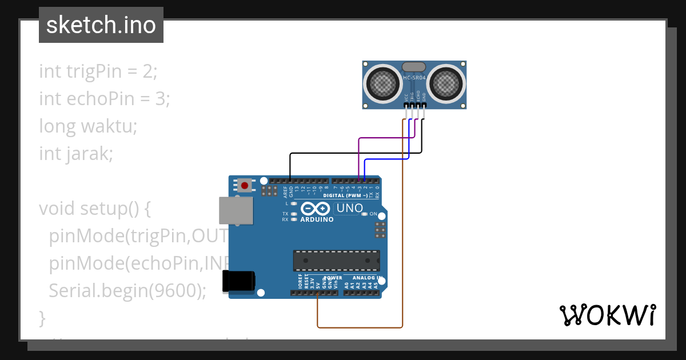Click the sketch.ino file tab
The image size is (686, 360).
[101, 25]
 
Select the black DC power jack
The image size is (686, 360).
[239, 281]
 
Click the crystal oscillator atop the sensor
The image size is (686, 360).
[414, 67]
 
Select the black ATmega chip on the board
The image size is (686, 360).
[336, 260]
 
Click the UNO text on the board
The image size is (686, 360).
[349, 209]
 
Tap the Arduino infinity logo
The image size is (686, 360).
[316, 209]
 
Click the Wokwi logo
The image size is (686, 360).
[607, 315]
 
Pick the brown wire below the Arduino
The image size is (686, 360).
[360, 327]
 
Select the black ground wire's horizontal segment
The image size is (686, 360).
[354, 153]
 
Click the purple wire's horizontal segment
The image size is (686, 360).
[386, 138]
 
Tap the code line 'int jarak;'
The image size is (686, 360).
[76, 153]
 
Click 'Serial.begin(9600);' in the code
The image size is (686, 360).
[127, 290]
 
